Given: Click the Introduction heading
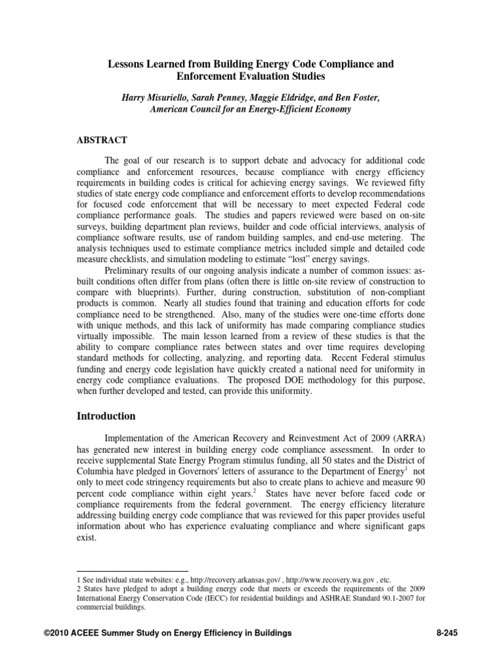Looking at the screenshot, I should pos(107,416).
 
